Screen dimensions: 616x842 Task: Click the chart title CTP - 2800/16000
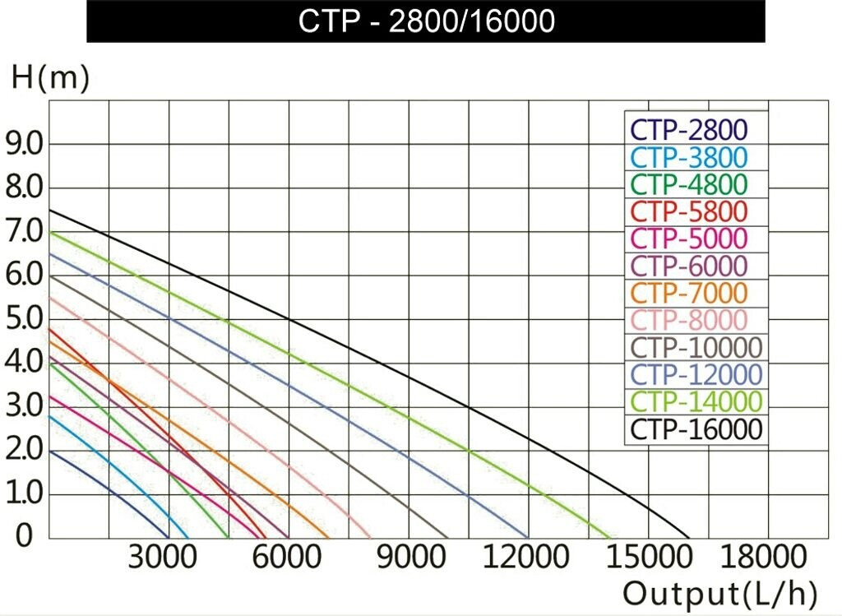[426, 21]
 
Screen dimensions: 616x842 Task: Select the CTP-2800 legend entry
[689, 129]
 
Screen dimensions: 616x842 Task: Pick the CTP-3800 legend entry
[689, 156]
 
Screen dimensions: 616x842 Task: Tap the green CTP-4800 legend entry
[689, 183]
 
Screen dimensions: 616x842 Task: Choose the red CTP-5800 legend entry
[689, 211]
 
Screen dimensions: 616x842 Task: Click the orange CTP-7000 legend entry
[689, 292]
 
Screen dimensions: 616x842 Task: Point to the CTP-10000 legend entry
[696, 346]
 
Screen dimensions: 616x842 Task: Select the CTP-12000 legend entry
[696, 373]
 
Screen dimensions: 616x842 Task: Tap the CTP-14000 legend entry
[696, 401]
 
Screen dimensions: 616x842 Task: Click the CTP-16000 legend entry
[696, 428]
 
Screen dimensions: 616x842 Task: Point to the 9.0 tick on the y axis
[24, 145]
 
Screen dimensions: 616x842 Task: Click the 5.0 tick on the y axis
[24, 319]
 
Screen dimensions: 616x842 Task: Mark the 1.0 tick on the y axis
[24, 493]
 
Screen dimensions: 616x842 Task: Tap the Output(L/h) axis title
[720, 594]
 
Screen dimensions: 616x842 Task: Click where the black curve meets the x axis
[689, 538]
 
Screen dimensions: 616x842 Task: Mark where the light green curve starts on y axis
[50, 232]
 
